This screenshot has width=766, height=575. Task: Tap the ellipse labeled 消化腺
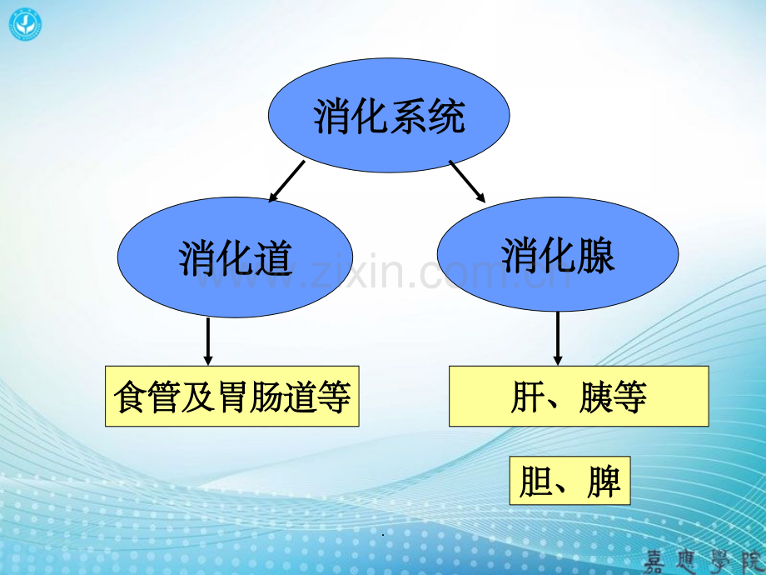[557, 253]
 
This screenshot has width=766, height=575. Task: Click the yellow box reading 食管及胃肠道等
[232, 397]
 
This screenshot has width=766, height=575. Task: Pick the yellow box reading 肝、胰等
[579, 397]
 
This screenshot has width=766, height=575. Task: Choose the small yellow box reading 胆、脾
[570, 481]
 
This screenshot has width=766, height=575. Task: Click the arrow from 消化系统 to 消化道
[286, 181]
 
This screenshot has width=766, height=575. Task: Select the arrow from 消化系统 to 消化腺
[468, 181]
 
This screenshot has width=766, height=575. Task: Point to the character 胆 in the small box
[535, 482]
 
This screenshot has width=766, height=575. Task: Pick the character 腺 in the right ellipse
[595, 254]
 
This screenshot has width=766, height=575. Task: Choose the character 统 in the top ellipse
[446, 116]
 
